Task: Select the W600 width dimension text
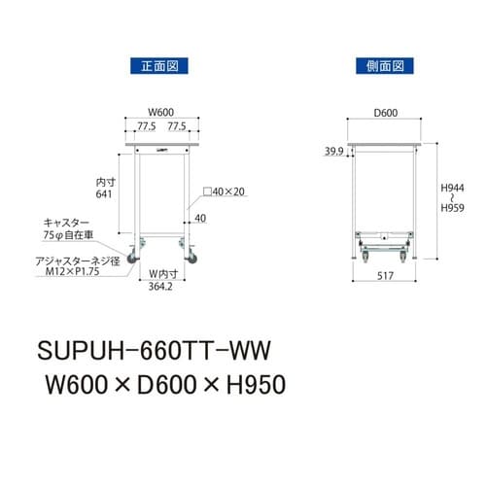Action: tap(161, 112)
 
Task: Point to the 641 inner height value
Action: tap(105, 194)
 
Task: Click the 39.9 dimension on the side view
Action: tap(333, 151)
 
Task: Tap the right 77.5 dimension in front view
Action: tap(178, 125)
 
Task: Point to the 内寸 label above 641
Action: tap(105, 181)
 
